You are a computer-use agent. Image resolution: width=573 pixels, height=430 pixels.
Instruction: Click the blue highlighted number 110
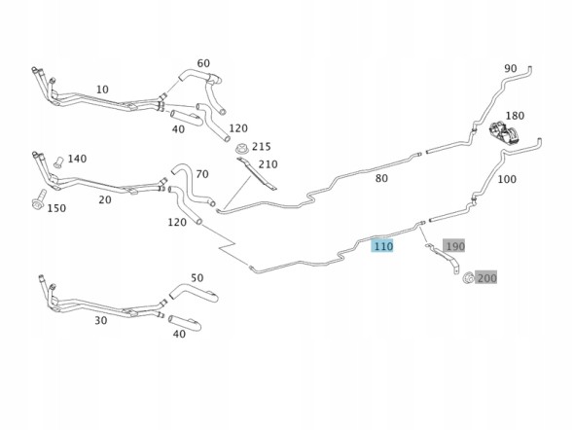[382, 246]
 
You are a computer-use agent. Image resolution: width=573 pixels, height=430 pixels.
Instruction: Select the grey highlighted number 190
[454, 246]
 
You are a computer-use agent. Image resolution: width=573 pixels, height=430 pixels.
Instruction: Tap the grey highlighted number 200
[486, 278]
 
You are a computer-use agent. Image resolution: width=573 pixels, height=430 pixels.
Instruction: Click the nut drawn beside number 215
[242, 149]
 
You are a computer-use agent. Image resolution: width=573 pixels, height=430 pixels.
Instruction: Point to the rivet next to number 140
[57, 161]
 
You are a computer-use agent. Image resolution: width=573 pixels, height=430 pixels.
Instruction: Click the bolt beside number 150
[39, 199]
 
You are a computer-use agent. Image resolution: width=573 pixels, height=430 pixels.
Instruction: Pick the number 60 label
[203, 63]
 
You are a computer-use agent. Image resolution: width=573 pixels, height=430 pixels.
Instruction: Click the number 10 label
[102, 90]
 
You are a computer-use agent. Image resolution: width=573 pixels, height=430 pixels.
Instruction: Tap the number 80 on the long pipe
[381, 178]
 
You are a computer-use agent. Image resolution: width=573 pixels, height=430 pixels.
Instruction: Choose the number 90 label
[511, 68]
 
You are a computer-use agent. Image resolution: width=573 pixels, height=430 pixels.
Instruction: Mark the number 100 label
[507, 179]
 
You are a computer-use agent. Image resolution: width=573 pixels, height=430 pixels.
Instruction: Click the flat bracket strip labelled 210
[257, 173]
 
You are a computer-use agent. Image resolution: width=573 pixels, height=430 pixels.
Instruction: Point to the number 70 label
[202, 174]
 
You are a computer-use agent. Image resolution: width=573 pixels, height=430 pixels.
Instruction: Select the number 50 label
[197, 277]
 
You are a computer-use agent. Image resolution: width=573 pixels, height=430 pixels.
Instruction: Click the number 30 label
[101, 320]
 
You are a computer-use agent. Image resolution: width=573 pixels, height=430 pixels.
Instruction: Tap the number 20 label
[105, 199]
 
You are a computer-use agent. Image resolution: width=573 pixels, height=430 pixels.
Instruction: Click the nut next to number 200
[467, 277]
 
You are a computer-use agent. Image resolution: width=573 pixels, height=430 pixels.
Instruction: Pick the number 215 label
[262, 147]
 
